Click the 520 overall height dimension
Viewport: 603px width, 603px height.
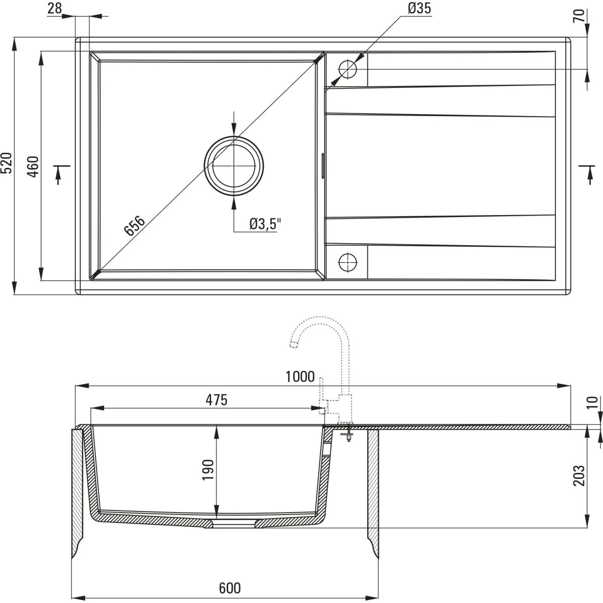tap(7, 162)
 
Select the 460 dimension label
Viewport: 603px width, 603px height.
tap(33, 166)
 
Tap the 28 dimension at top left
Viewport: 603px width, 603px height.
tap(55, 8)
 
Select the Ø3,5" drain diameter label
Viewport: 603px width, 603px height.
tap(264, 224)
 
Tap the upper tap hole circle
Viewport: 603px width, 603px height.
tap(347, 69)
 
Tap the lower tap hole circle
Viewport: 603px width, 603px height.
tap(347, 262)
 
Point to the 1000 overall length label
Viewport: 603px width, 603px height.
tap(299, 376)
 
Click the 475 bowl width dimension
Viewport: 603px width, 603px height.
tap(217, 400)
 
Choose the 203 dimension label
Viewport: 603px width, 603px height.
tap(579, 475)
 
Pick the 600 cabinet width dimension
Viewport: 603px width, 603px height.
tap(230, 588)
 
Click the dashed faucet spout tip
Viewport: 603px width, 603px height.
tap(293, 344)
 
